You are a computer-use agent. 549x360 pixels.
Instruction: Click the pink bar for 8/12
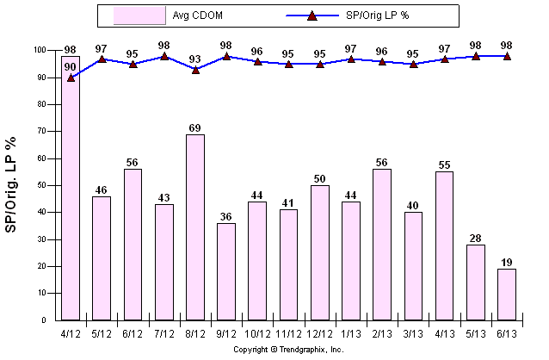point(195,227)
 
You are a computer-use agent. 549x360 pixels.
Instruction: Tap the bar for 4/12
point(71,198)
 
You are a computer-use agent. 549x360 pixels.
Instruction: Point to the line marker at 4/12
point(71,78)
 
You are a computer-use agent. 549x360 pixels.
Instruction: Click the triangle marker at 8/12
point(195,70)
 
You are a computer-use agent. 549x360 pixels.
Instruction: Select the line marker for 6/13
point(507,56)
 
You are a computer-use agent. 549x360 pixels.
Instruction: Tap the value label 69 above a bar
point(195,128)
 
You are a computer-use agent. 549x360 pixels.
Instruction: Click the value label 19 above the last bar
point(507,263)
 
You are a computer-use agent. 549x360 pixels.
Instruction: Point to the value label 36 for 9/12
point(226,217)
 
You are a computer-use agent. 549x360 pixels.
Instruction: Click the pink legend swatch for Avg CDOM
point(140,16)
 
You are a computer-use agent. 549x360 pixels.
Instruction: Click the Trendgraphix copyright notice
point(288,350)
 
